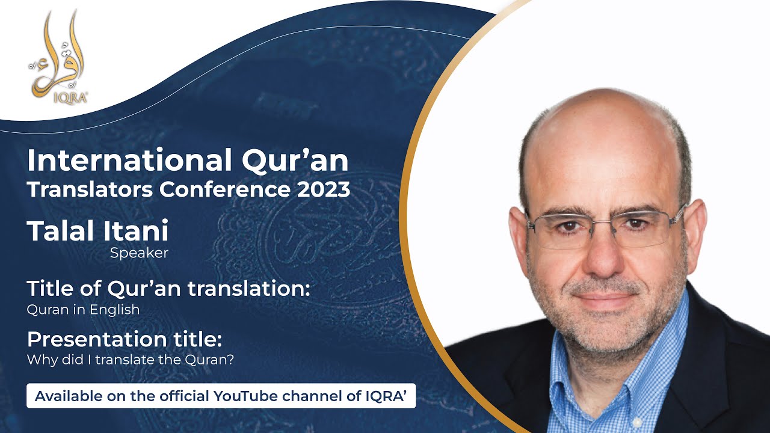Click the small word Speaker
(x=139, y=253)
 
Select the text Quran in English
(x=83, y=310)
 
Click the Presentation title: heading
(x=125, y=339)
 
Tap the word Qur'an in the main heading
(x=301, y=161)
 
